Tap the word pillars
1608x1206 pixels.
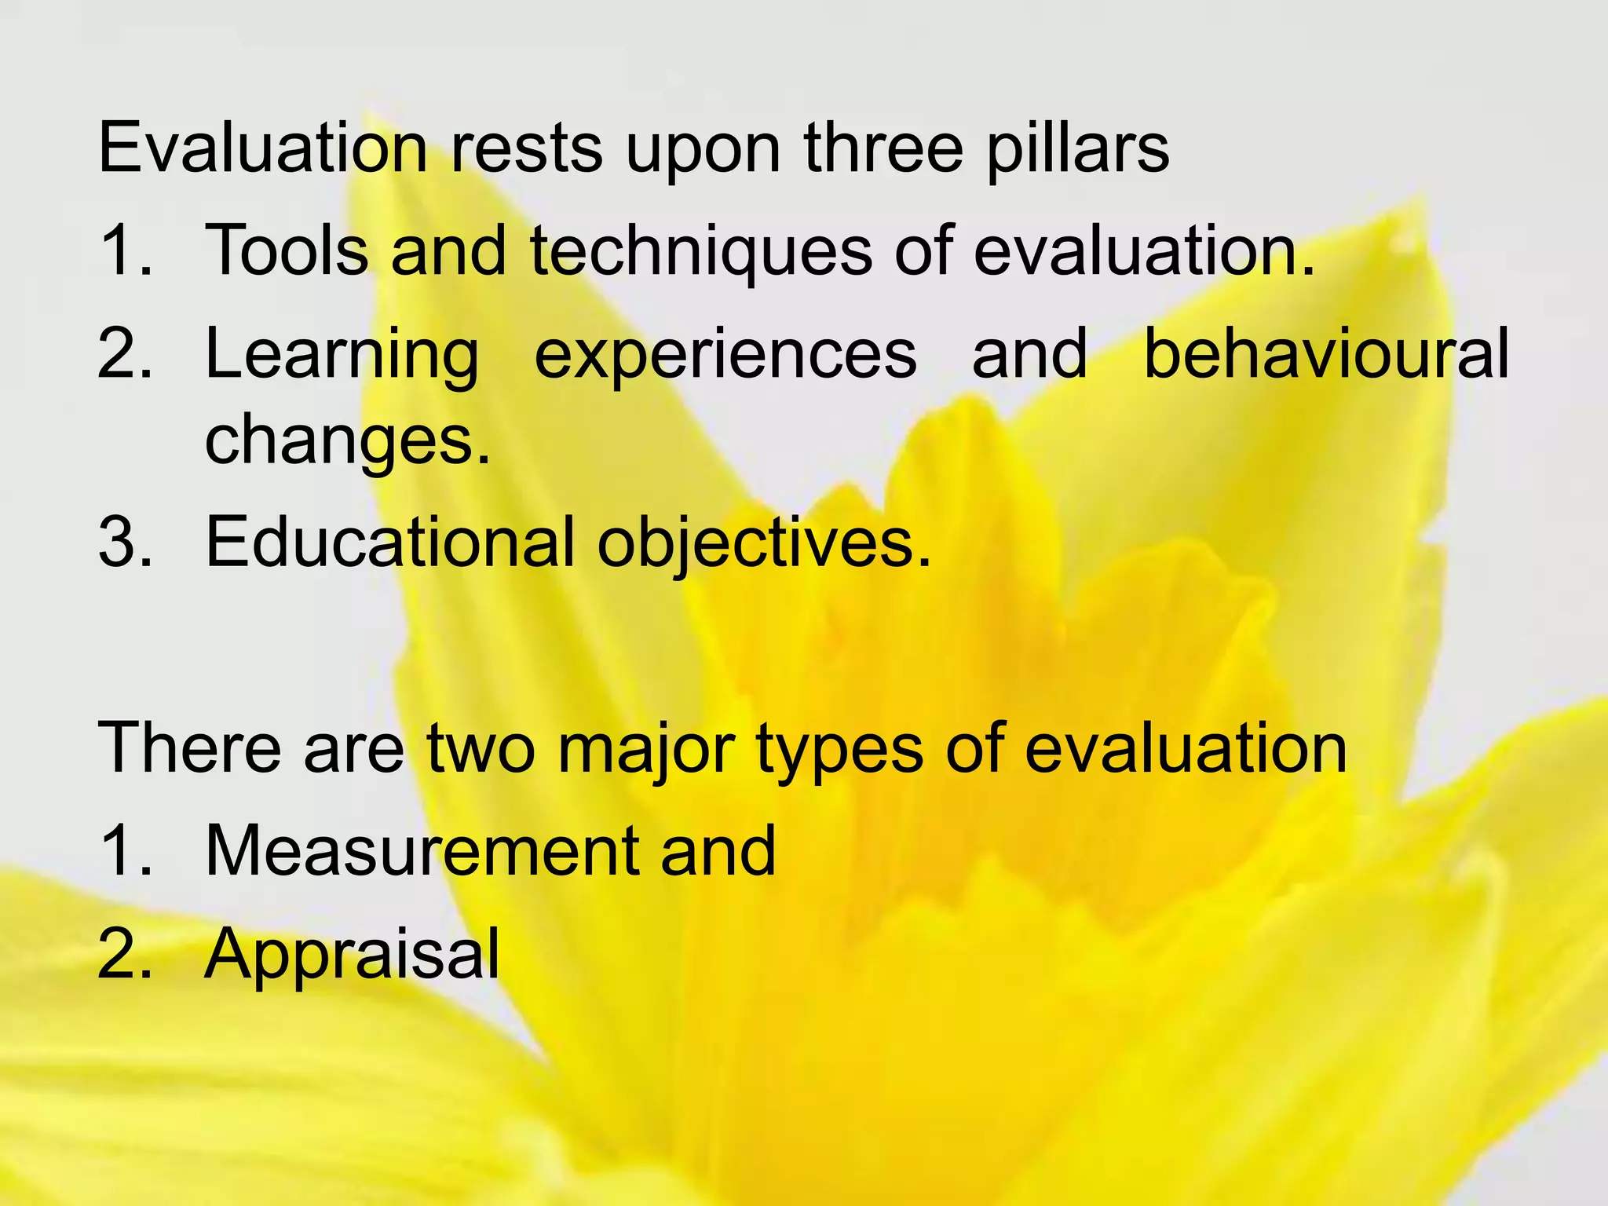pos(1077,149)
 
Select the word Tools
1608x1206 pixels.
pos(287,250)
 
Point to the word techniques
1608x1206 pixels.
pos(701,252)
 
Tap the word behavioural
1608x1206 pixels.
pos(1326,353)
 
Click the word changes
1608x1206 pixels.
pos(348,440)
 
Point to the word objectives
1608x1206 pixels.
pos(764,543)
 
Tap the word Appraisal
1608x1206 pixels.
pos(352,954)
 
